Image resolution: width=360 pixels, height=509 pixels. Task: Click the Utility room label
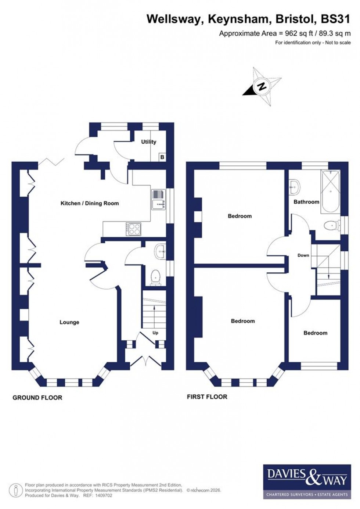point(148,142)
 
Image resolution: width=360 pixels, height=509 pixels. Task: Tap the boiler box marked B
point(162,157)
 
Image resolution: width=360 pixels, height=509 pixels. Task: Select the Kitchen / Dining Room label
point(90,203)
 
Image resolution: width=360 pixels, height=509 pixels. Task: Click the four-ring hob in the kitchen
point(133,229)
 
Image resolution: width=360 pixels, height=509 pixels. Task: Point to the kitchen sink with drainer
point(159,199)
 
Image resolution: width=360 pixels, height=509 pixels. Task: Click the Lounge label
point(69,322)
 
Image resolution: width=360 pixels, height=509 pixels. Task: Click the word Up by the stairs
point(155,333)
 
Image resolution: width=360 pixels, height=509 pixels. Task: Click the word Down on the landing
point(303,255)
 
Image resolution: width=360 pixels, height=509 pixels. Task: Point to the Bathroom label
point(306,202)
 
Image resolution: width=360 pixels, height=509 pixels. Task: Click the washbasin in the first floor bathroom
point(294,187)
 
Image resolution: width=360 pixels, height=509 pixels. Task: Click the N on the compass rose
point(262,86)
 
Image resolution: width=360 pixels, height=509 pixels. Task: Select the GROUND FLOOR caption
point(37,398)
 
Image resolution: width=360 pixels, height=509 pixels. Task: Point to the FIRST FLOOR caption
point(207,397)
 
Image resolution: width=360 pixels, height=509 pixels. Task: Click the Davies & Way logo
point(307,481)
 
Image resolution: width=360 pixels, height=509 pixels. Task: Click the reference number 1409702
point(103,495)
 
